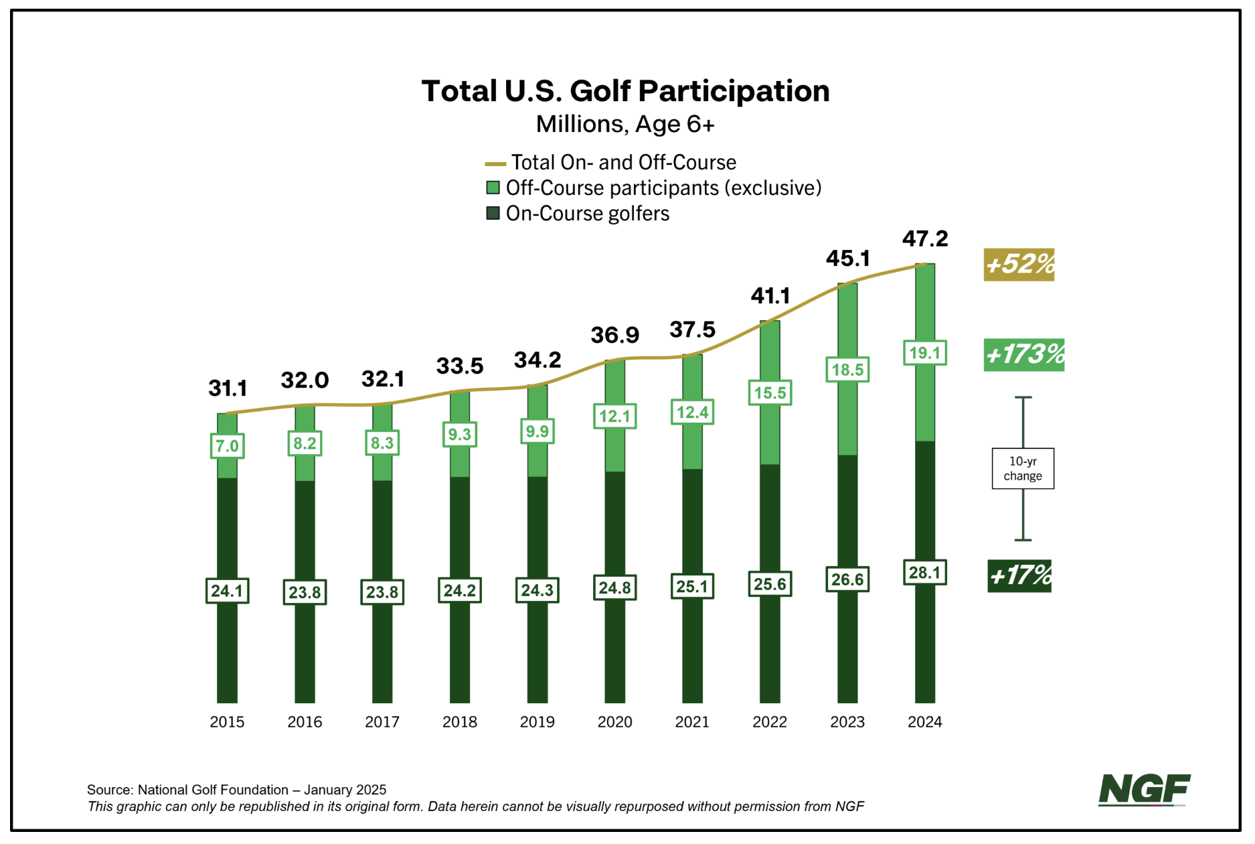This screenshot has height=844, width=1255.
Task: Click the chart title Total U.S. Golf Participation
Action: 625,91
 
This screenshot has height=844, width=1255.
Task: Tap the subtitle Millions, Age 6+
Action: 625,124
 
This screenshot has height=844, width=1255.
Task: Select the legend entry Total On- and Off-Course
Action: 623,163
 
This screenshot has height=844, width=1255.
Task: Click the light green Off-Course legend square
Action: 493,188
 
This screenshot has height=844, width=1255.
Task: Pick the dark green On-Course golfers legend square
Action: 493,213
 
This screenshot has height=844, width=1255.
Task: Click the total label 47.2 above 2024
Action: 925,238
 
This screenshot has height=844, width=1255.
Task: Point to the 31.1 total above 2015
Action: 228,388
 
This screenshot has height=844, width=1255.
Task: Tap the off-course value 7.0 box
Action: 228,446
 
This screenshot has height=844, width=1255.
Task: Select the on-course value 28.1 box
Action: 925,573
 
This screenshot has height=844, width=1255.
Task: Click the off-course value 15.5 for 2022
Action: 770,393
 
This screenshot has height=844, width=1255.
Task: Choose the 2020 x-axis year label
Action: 614,722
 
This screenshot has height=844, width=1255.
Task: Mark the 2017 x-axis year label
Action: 382,722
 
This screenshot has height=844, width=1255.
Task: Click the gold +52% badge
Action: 1019,265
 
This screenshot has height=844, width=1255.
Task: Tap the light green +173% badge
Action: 1023,354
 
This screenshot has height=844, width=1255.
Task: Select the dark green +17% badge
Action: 1019,576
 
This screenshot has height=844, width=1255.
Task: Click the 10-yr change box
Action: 1023,469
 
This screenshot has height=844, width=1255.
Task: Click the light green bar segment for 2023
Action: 847,415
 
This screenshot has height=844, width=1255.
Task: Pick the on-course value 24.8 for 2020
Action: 614,587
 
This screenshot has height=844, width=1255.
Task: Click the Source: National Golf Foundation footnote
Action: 236,790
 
